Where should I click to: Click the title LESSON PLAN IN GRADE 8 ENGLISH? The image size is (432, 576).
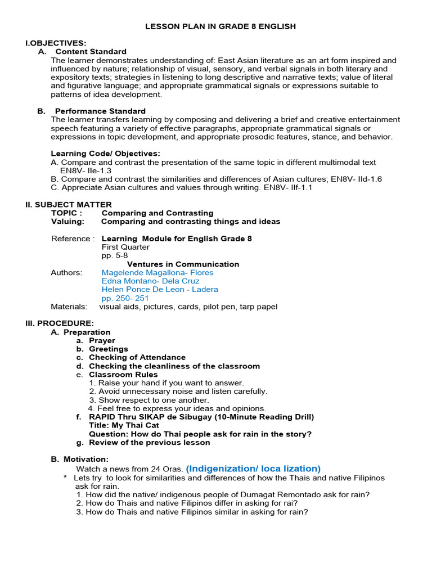pyautogui.click(x=220, y=26)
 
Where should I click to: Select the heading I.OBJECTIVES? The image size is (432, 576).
pyautogui.click(x=56, y=43)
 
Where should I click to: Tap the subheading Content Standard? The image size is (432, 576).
pyautogui.click(x=91, y=51)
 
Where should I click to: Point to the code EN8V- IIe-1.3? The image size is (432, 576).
pyautogui.click(x=85, y=170)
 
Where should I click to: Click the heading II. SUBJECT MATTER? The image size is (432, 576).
pyautogui.click(x=69, y=204)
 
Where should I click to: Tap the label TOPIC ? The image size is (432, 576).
pyautogui.click(x=66, y=213)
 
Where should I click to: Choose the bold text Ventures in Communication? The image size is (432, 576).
pyautogui.click(x=183, y=264)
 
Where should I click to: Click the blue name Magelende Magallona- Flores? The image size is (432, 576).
pyautogui.click(x=157, y=273)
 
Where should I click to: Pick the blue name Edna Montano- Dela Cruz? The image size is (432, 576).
pyautogui.click(x=150, y=281)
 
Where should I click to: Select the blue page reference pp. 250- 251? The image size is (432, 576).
pyautogui.click(x=125, y=298)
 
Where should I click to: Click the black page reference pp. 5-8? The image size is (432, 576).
pyautogui.click(x=115, y=255)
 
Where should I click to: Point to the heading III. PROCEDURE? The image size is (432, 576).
pyautogui.click(x=60, y=323)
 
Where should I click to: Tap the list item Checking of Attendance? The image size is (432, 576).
pyautogui.click(x=137, y=357)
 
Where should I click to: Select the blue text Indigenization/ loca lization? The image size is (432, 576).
pyautogui.click(x=253, y=469)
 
